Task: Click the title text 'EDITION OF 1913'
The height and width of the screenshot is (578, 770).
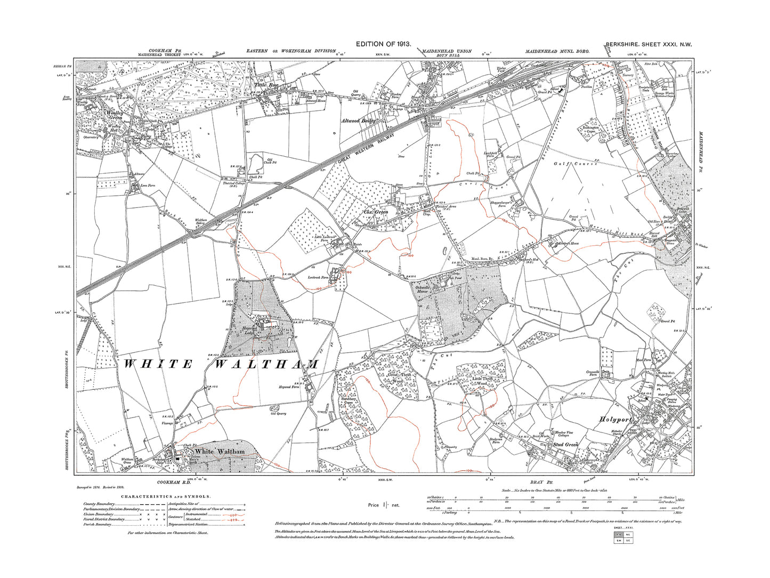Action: (383, 45)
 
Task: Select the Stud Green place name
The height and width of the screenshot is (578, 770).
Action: (565, 444)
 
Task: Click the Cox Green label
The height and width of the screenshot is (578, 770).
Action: (376, 212)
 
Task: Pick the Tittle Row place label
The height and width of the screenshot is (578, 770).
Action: (266, 85)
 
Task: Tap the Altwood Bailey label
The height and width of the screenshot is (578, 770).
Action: (360, 121)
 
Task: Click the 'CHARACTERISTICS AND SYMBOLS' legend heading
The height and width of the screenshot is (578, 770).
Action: (166, 496)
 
